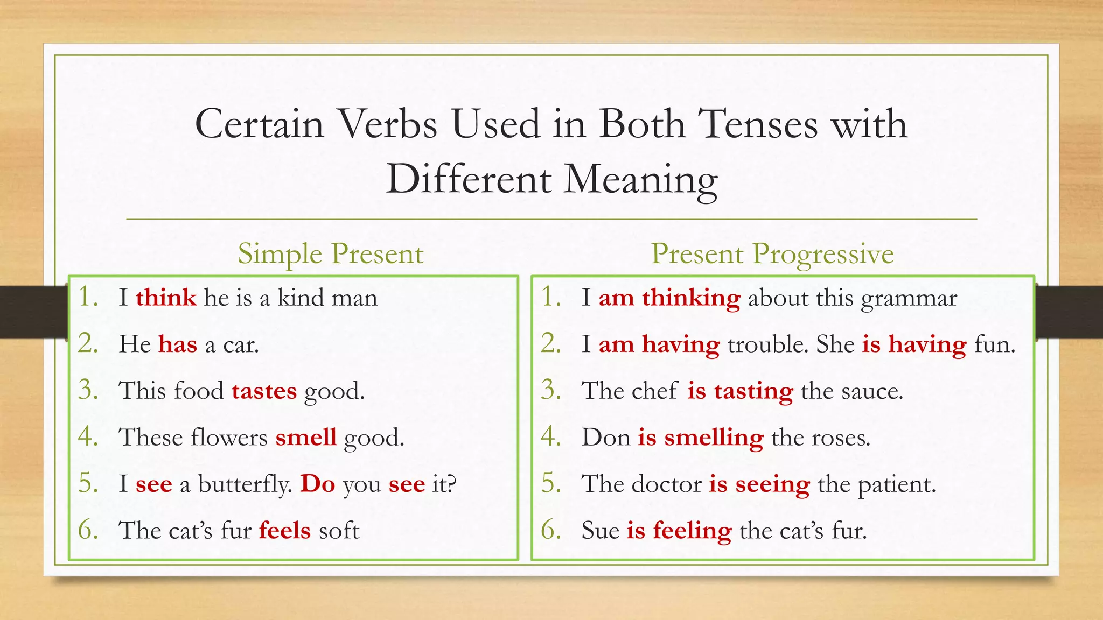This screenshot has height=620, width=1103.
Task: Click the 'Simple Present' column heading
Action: (x=330, y=254)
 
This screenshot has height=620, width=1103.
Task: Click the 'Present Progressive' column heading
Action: (x=772, y=254)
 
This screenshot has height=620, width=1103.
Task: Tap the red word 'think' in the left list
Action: (x=166, y=298)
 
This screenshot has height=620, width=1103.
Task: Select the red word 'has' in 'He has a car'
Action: (x=178, y=344)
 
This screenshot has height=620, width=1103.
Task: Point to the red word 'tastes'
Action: (x=264, y=391)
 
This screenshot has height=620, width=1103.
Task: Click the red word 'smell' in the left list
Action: (x=306, y=438)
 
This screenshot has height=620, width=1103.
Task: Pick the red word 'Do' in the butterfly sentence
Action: (x=318, y=484)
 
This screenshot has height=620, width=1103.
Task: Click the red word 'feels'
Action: (x=285, y=531)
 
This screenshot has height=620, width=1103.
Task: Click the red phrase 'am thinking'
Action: (x=669, y=298)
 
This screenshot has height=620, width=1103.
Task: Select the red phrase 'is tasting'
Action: (x=740, y=391)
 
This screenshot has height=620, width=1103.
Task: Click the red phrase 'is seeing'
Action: (x=759, y=484)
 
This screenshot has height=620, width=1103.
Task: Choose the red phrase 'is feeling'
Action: (x=679, y=531)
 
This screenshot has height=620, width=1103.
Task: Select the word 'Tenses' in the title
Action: (x=758, y=124)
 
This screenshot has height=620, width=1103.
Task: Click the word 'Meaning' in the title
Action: (x=640, y=180)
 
